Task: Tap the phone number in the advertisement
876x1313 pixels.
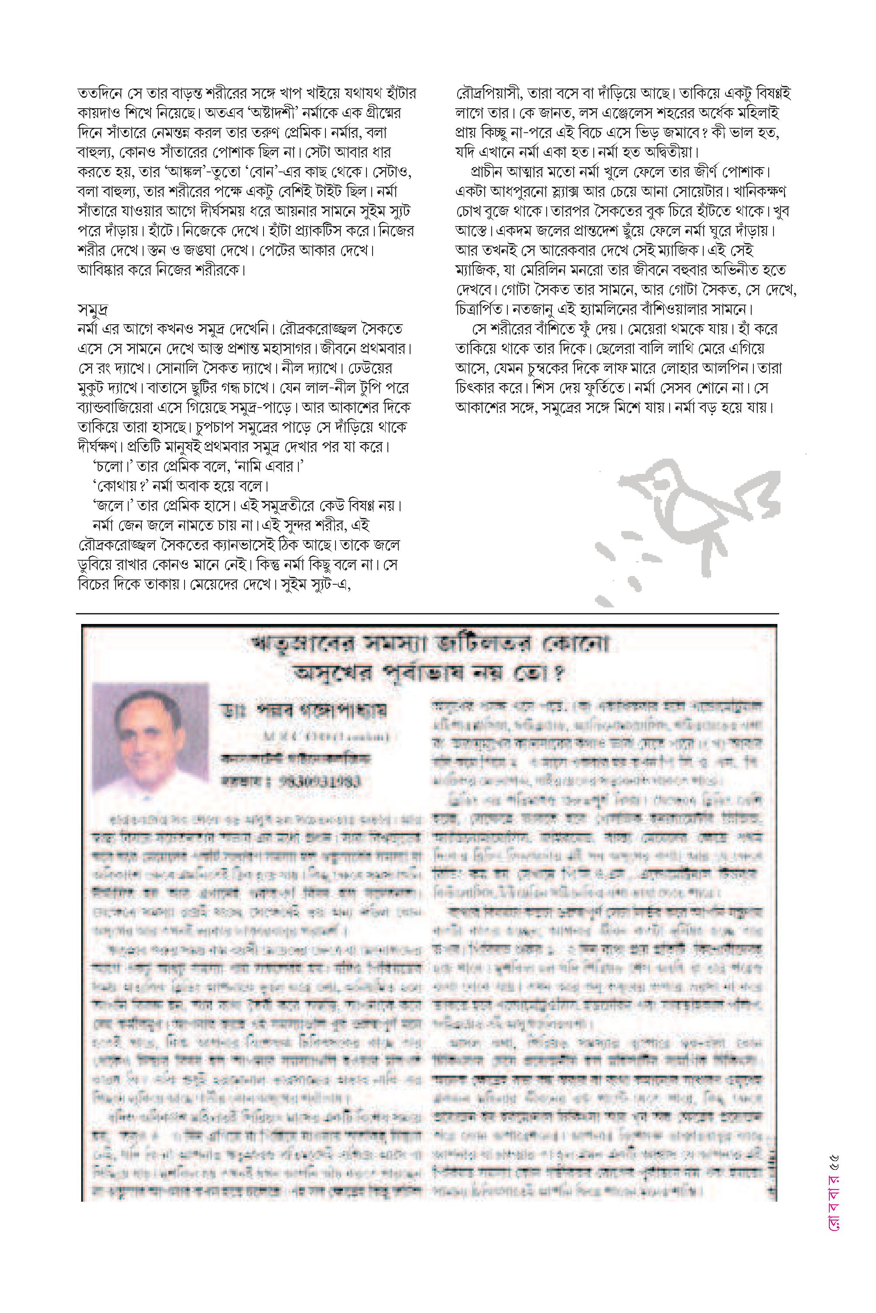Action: pos(318,780)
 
